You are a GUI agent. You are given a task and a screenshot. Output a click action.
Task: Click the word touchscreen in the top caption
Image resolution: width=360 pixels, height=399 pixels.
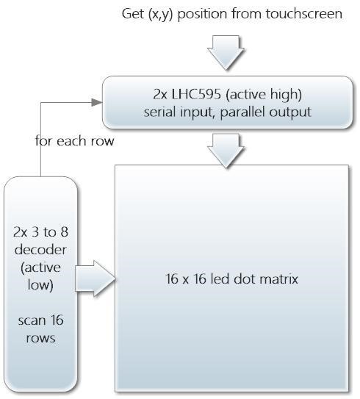304,13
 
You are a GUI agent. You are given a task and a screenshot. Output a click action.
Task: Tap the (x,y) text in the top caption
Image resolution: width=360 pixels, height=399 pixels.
160,14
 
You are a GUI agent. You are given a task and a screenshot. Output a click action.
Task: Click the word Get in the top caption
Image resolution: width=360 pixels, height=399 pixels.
133,13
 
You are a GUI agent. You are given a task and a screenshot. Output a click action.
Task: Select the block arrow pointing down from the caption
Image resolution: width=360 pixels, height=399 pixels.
226,53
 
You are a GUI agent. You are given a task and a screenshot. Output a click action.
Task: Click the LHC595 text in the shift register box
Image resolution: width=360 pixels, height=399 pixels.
196,94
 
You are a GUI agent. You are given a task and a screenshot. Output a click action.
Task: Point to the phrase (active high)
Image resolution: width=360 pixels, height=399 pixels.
264,95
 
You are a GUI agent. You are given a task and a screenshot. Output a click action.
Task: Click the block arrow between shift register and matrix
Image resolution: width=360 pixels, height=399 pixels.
226,151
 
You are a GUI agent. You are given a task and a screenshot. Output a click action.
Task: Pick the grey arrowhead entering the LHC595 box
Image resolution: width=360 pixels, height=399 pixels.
97,103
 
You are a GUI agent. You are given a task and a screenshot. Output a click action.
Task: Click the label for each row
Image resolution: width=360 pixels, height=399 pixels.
74,141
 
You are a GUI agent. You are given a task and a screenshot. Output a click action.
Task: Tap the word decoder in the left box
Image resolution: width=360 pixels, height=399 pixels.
40,250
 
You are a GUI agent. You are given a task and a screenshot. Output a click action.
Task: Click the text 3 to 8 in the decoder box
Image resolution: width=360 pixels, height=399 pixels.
47,232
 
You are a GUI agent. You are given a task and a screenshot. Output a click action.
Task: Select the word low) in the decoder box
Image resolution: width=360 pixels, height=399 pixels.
40,285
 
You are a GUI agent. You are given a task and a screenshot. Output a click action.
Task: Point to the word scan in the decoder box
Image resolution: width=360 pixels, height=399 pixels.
28,320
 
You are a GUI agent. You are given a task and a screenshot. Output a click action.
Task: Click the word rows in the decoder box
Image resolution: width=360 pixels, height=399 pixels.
40,339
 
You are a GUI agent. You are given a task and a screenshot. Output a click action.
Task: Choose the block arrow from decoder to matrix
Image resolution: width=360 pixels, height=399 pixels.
96,278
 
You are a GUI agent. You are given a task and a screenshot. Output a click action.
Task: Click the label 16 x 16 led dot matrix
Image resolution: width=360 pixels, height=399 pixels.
231,279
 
